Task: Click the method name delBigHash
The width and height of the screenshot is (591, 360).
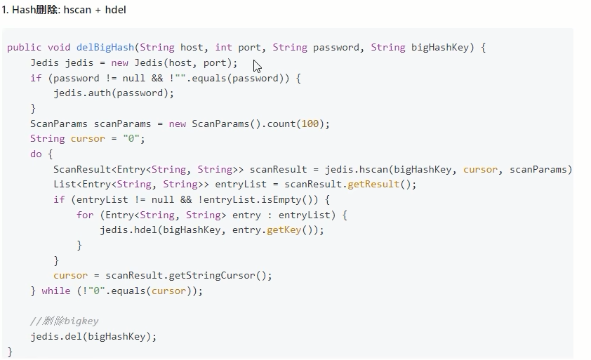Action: [105, 48]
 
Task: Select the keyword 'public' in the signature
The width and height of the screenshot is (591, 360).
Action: [24, 48]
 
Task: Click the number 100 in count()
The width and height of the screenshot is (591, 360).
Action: [310, 124]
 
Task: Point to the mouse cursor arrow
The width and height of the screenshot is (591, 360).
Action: [257, 66]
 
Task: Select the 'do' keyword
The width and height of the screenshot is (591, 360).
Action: [36, 154]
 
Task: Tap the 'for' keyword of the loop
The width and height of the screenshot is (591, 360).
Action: [85, 215]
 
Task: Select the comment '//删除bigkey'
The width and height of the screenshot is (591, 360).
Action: [64, 321]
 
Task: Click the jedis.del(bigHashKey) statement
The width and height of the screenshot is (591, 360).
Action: [93, 336]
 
